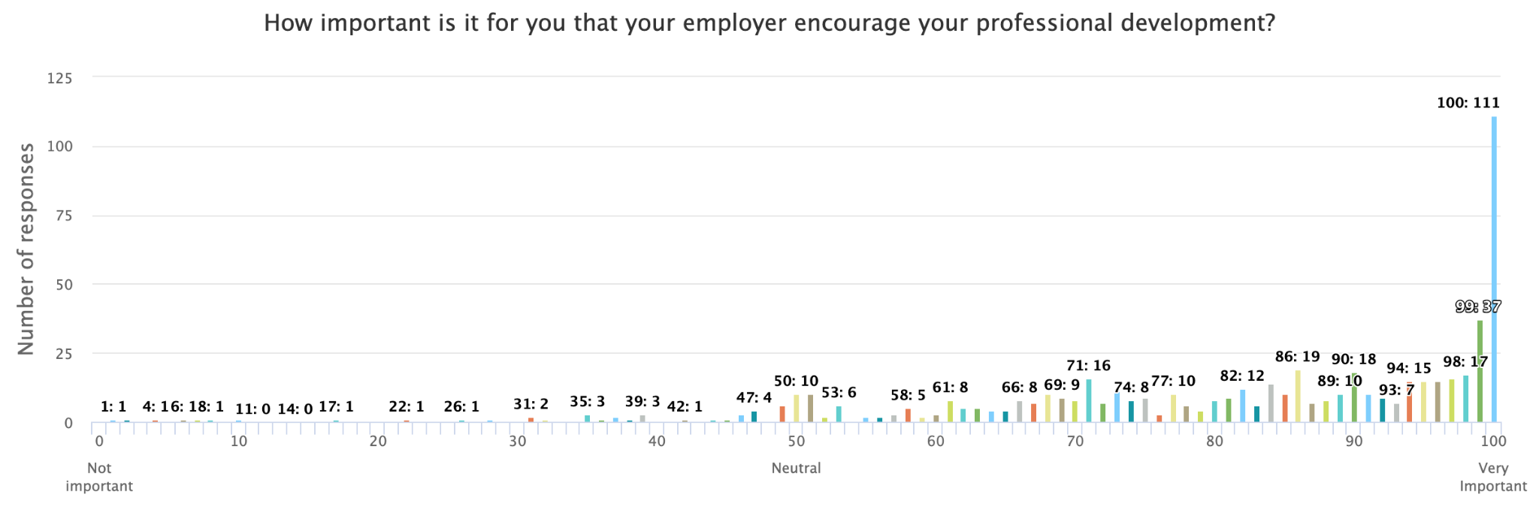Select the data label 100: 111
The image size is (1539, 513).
[x=1468, y=103]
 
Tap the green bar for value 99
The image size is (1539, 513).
[x=1480, y=371]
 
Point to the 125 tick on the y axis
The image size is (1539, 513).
[x=60, y=78]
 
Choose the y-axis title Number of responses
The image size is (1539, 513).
[x=26, y=249]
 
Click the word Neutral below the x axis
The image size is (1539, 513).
[x=796, y=468]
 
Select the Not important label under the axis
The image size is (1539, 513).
[x=99, y=477]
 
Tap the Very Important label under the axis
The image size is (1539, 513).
[x=1492, y=477]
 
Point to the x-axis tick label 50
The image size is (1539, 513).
[x=797, y=442]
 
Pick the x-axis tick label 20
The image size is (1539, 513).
[x=378, y=442]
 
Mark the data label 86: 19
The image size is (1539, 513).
[x=1297, y=357]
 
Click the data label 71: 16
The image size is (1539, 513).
[x=1088, y=366]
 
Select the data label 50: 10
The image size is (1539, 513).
[x=796, y=382]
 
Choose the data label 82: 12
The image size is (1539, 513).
[x=1241, y=376]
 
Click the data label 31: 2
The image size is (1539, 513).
[x=531, y=404]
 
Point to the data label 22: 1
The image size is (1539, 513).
[x=407, y=406]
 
